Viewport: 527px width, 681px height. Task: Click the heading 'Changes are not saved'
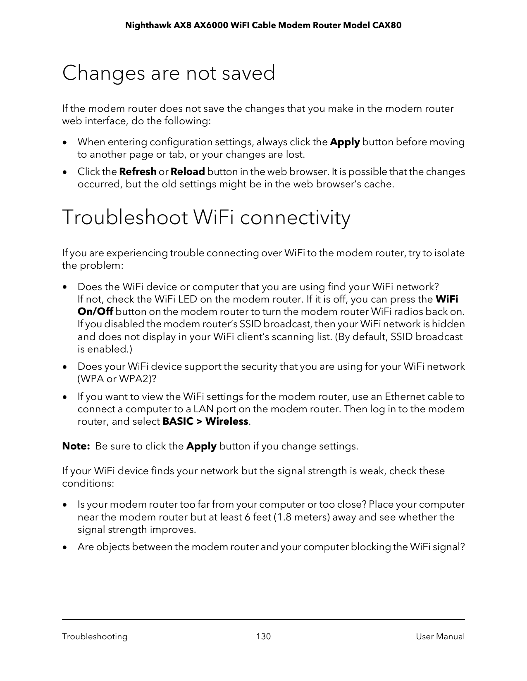(168, 73)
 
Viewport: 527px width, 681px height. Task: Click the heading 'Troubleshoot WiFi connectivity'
(206, 218)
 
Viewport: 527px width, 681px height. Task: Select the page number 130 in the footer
(263, 636)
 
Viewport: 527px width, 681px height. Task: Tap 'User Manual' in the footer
(440, 636)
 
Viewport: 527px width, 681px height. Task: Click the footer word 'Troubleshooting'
(95, 636)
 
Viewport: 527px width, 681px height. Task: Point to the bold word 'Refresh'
(138, 172)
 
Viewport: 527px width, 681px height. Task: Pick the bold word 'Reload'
(188, 172)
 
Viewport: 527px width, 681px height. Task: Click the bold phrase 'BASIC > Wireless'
(205, 421)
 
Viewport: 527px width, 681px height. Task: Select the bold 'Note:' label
(76, 446)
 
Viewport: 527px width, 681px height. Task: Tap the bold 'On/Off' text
(95, 312)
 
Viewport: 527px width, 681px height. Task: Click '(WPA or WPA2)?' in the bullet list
(117, 379)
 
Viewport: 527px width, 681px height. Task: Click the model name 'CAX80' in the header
(387, 26)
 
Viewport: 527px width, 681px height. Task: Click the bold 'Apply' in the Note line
(201, 446)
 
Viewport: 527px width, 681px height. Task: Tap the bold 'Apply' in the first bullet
(345, 142)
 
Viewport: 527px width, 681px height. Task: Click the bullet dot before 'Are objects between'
(64, 547)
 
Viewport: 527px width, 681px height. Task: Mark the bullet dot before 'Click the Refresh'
(64, 172)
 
